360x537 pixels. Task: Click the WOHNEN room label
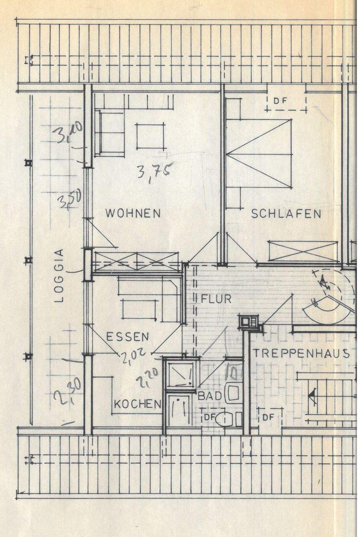tap(133, 213)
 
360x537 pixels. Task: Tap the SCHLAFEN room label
tap(286, 214)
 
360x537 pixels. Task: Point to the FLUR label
tap(216, 299)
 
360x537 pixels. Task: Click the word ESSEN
tap(128, 337)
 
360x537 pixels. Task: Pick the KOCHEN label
tap(138, 403)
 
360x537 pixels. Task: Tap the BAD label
tap(210, 396)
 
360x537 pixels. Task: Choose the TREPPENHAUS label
tap(301, 353)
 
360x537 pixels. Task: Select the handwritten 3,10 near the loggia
tap(70, 134)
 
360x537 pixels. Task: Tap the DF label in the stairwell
tap(268, 417)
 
